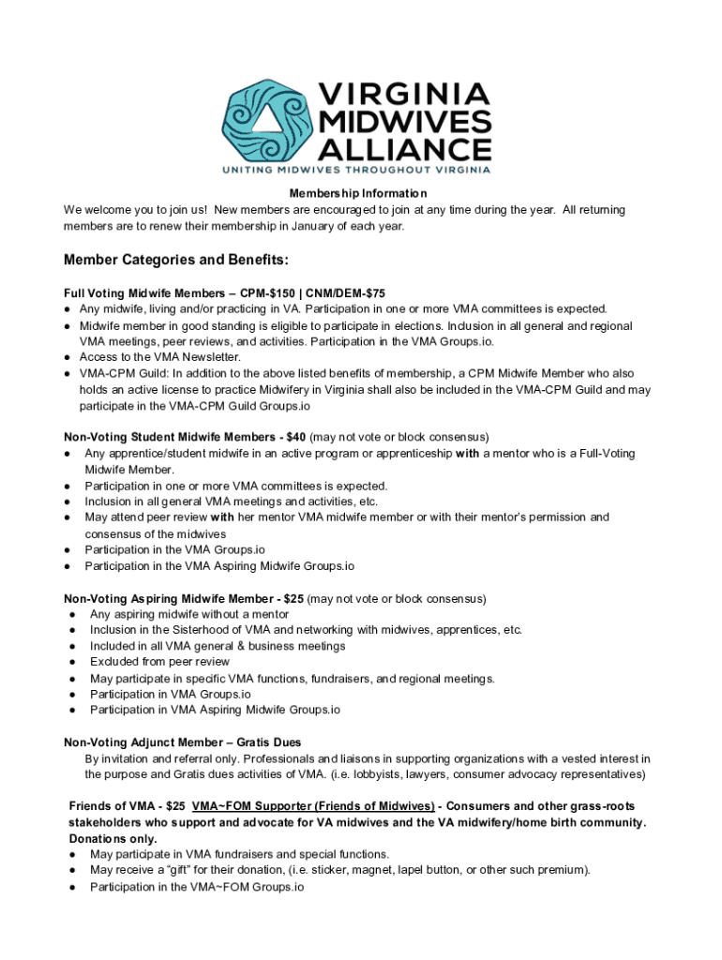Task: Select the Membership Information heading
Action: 360,194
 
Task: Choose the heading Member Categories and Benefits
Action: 176,259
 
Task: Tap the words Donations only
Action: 111,838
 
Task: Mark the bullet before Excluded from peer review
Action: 72,662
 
